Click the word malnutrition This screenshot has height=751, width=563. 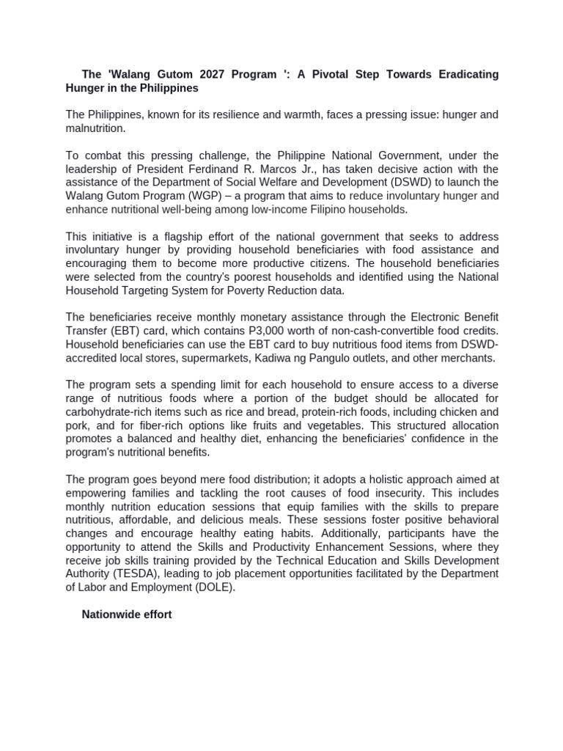click(x=95, y=128)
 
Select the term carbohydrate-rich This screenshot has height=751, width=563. click(x=111, y=412)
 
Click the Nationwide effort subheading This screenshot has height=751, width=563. click(x=127, y=615)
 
